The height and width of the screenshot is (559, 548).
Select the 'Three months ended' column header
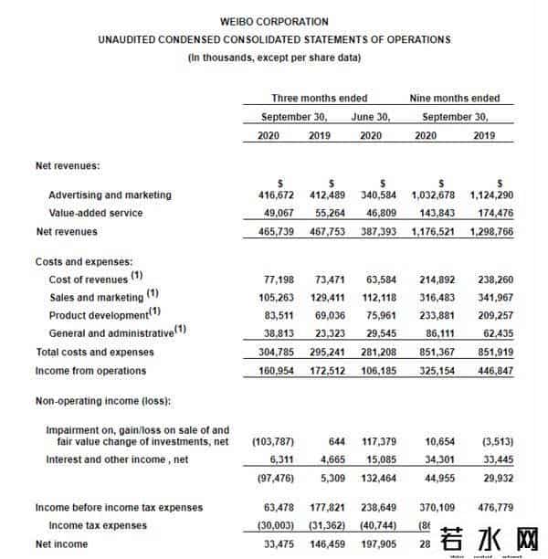pos(319,98)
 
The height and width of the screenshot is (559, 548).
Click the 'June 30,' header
pos(372,117)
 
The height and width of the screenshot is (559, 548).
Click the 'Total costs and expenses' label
pos(94,353)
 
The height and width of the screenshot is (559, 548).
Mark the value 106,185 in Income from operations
pos(381,371)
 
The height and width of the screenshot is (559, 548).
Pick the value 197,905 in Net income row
pos(381,544)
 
